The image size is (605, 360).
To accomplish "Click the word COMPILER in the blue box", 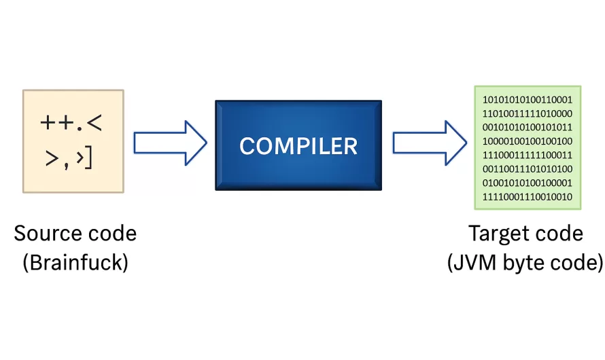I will [298, 145].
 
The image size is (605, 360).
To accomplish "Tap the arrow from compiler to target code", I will [429, 142].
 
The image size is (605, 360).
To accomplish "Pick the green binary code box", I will [528, 147].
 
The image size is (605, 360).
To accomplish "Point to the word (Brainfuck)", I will [75, 262].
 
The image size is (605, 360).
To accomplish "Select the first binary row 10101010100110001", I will [528, 101].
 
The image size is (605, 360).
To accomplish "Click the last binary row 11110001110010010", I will [528, 197].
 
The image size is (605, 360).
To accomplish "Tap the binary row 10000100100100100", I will [528, 141].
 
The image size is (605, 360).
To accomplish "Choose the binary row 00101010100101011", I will [528, 128].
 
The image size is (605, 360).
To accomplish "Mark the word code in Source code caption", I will [109, 234].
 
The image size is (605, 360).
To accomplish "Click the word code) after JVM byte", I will [577, 262].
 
